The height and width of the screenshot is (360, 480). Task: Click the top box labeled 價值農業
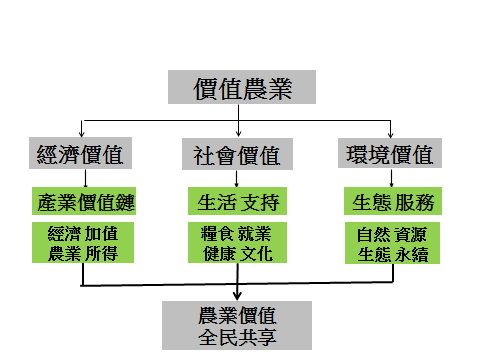[240, 88]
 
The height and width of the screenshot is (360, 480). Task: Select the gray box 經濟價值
[80, 155]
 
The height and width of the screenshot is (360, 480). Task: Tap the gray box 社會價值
[237, 155]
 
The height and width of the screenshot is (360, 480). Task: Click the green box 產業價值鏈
[80, 201]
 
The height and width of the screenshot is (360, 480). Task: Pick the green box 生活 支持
[237, 201]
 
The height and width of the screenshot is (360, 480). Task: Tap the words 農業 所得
[81, 254]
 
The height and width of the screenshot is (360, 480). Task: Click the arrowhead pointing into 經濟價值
[80, 136]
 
